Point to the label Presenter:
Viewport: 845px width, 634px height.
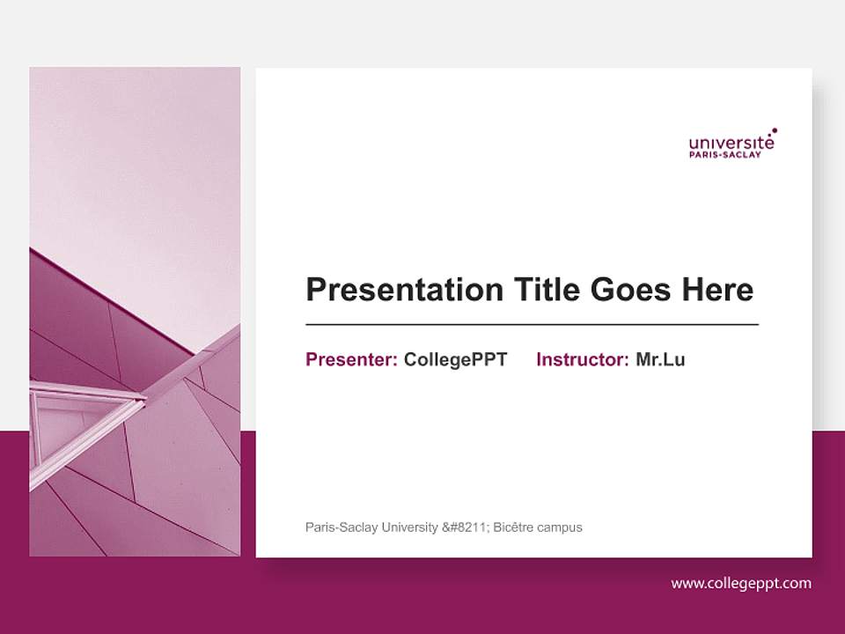(x=351, y=359)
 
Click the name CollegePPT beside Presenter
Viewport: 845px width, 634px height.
(x=455, y=359)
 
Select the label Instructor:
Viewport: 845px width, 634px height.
(x=582, y=359)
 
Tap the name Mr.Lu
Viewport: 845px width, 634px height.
(x=660, y=359)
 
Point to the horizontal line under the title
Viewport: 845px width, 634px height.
(x=532, y=325)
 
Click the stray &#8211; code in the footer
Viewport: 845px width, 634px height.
(x=464, y=527)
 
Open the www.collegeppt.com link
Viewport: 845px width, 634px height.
(x=741, y=583)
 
